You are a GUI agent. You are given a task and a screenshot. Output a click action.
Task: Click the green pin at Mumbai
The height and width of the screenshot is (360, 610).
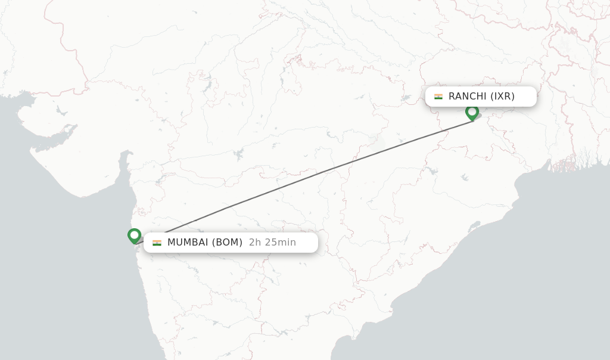tap(134, 236)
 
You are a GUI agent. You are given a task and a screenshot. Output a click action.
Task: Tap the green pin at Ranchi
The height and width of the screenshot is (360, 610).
tap(472, 113)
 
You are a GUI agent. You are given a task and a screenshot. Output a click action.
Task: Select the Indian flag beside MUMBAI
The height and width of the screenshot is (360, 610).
tap(157, 243)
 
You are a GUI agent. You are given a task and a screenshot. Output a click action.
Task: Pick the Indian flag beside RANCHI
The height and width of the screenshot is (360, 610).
tap(438, 97)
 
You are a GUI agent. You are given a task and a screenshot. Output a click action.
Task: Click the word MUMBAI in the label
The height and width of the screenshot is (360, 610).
tap(188, 243)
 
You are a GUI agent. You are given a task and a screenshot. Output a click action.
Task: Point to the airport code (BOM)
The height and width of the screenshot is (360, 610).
tap(227, 243)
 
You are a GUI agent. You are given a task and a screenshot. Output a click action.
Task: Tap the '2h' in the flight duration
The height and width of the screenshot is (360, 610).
tap(254, 243)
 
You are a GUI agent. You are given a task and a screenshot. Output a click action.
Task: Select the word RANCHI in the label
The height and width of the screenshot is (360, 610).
tap(468, 97)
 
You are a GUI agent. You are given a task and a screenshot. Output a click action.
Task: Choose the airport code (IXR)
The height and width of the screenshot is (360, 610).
tap(502, 97)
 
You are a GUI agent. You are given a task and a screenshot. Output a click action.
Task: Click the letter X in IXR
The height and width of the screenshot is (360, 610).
tap(502, 97)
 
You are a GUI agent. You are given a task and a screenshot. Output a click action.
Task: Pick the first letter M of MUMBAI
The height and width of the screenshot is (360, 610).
tap(171, 243)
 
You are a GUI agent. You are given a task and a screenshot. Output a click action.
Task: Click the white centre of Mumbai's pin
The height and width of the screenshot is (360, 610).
tap(134, 235)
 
